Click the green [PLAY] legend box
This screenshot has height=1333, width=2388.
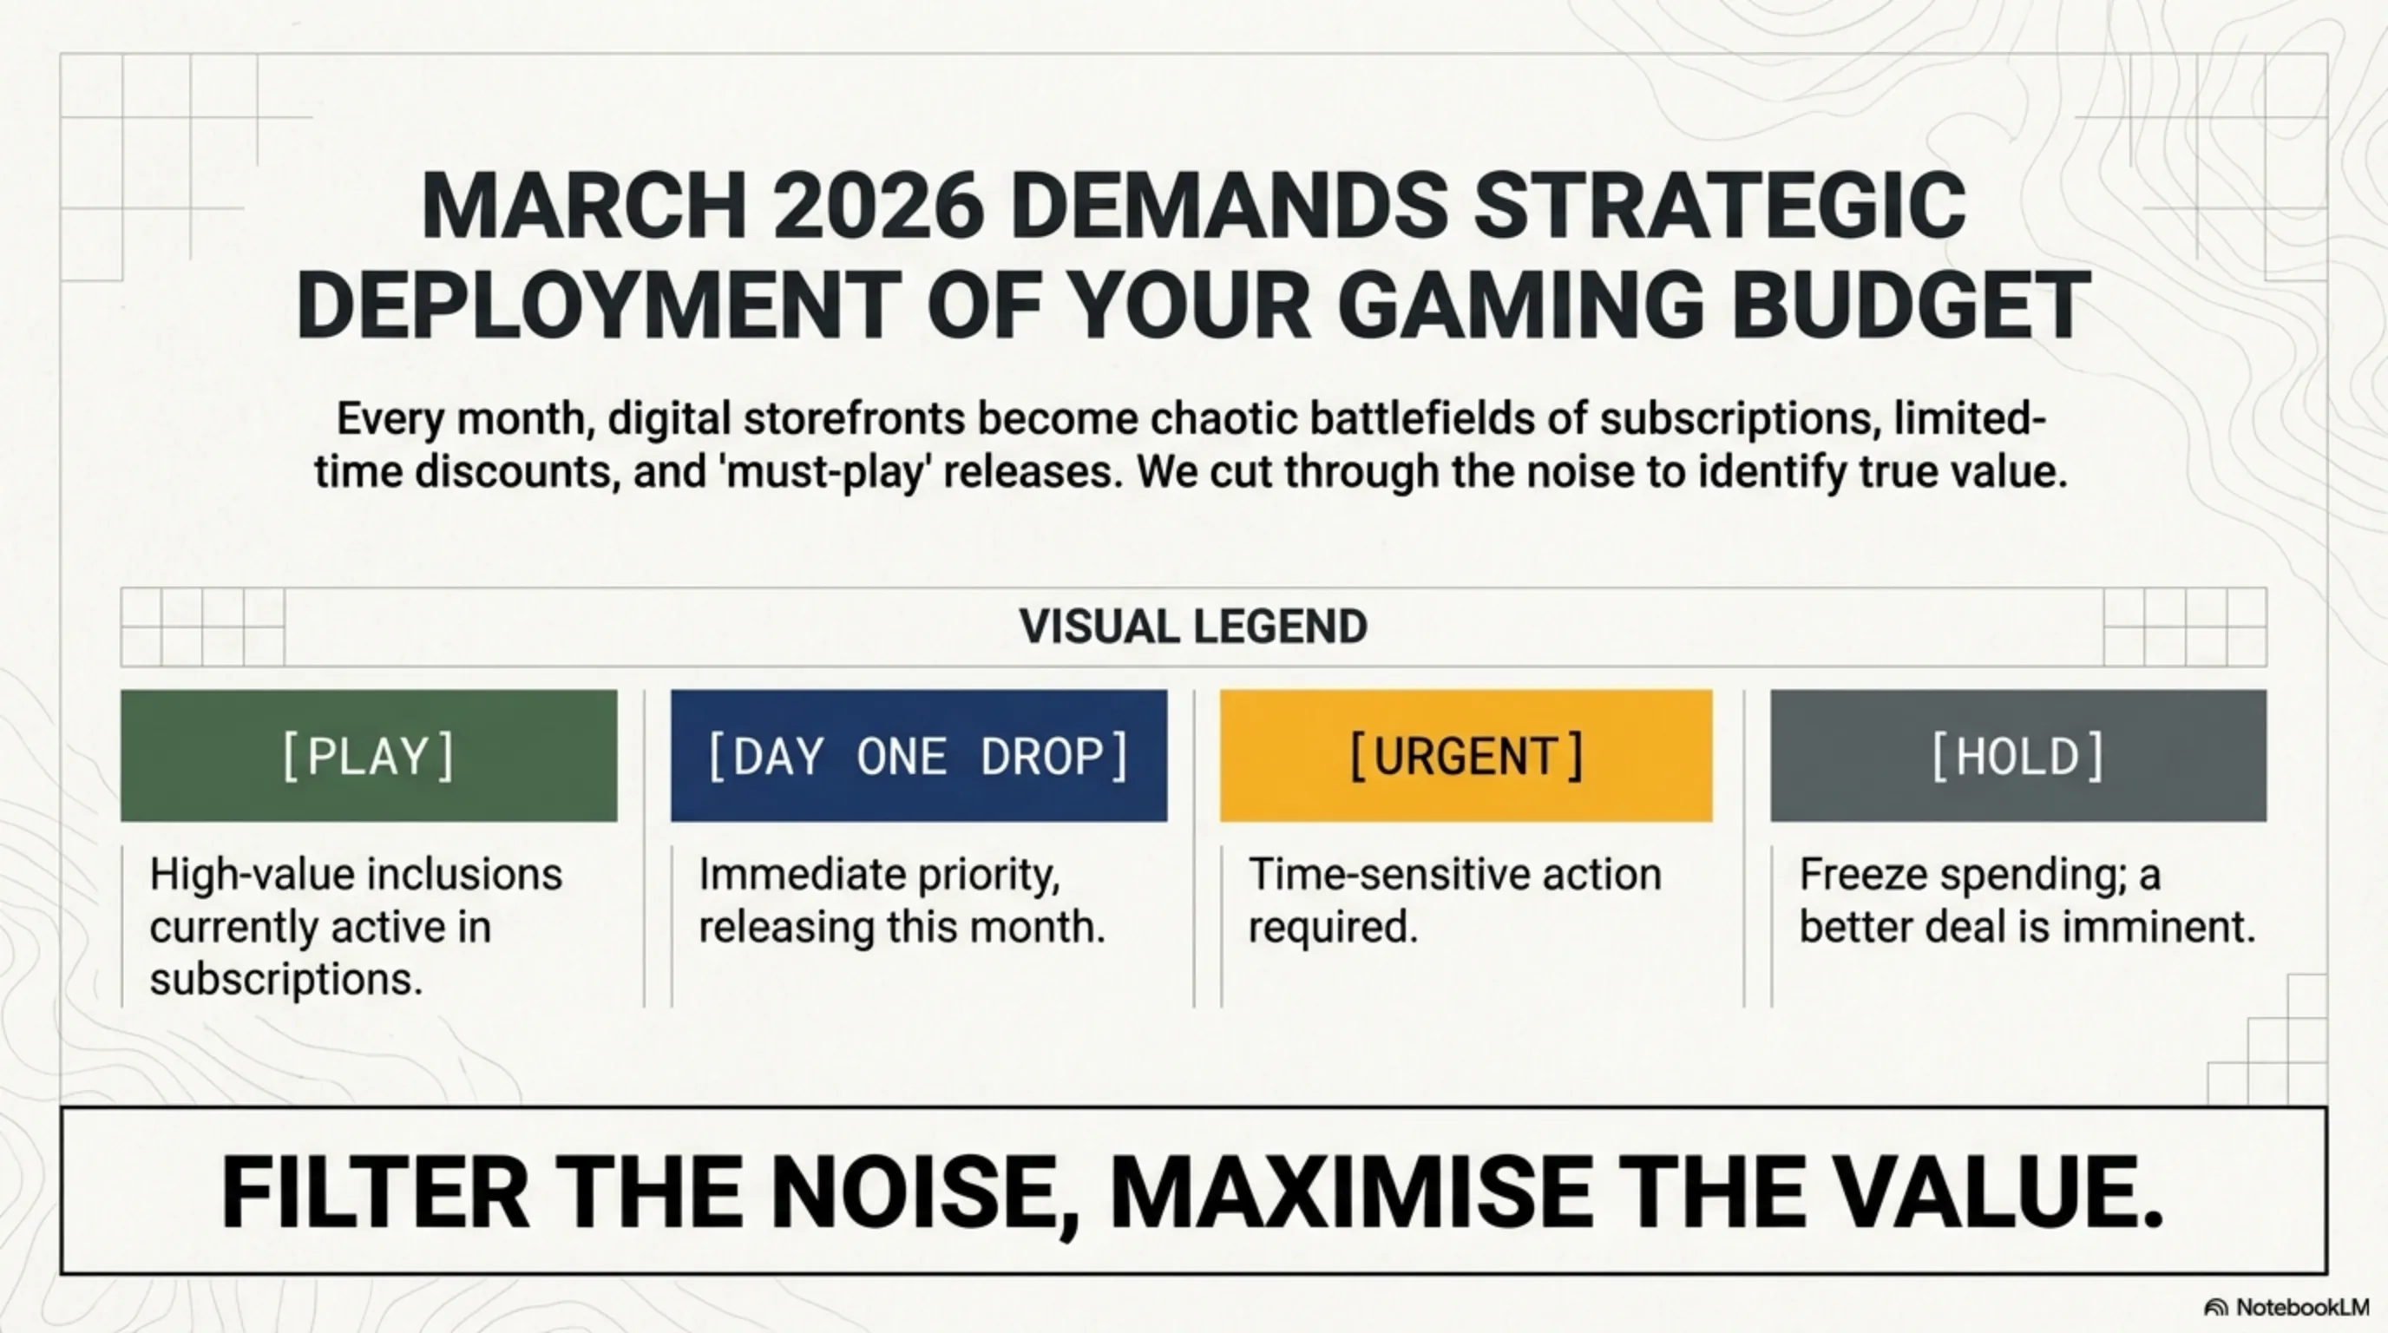tap(369, 756)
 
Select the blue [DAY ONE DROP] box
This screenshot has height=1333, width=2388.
tap(919, 756)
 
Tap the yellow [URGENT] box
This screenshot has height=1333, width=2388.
tap(1466, 756)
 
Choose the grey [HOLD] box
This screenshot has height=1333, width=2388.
tap(2018, 756)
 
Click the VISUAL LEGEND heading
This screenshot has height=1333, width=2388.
tap(1193, 627)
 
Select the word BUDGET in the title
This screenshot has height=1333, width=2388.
tap(1912, 305)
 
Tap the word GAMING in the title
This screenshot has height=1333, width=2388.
tap(1520, 305)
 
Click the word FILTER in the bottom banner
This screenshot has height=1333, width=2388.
tap(375, 1193)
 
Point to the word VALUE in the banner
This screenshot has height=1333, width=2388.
tap(1990, 1193)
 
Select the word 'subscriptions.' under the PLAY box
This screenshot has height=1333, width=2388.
tap(286, 979)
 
